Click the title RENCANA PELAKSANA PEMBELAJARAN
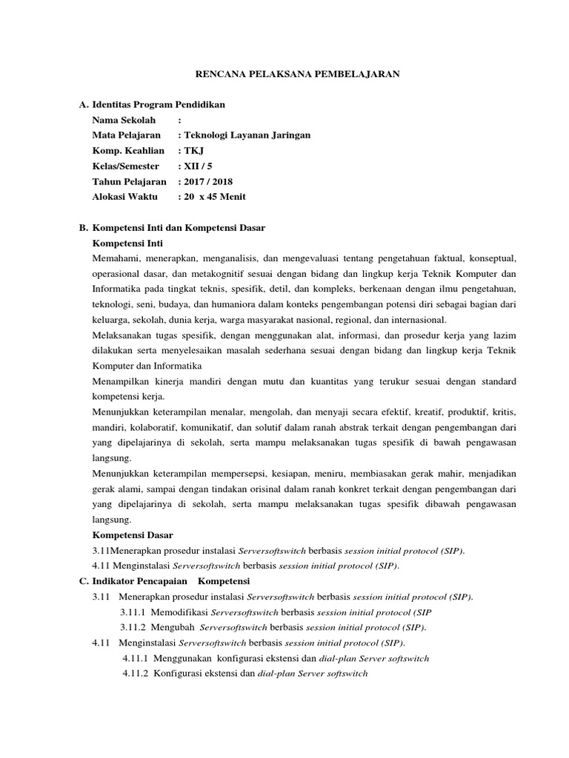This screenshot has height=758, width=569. [x=296, y=73]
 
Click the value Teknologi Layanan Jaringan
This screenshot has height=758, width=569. [x=247, y=135]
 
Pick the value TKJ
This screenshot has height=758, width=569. [x=191, y=150]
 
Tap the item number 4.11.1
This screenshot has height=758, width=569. [x=136, y=658]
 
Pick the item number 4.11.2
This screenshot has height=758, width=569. [x=136, y=674]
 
